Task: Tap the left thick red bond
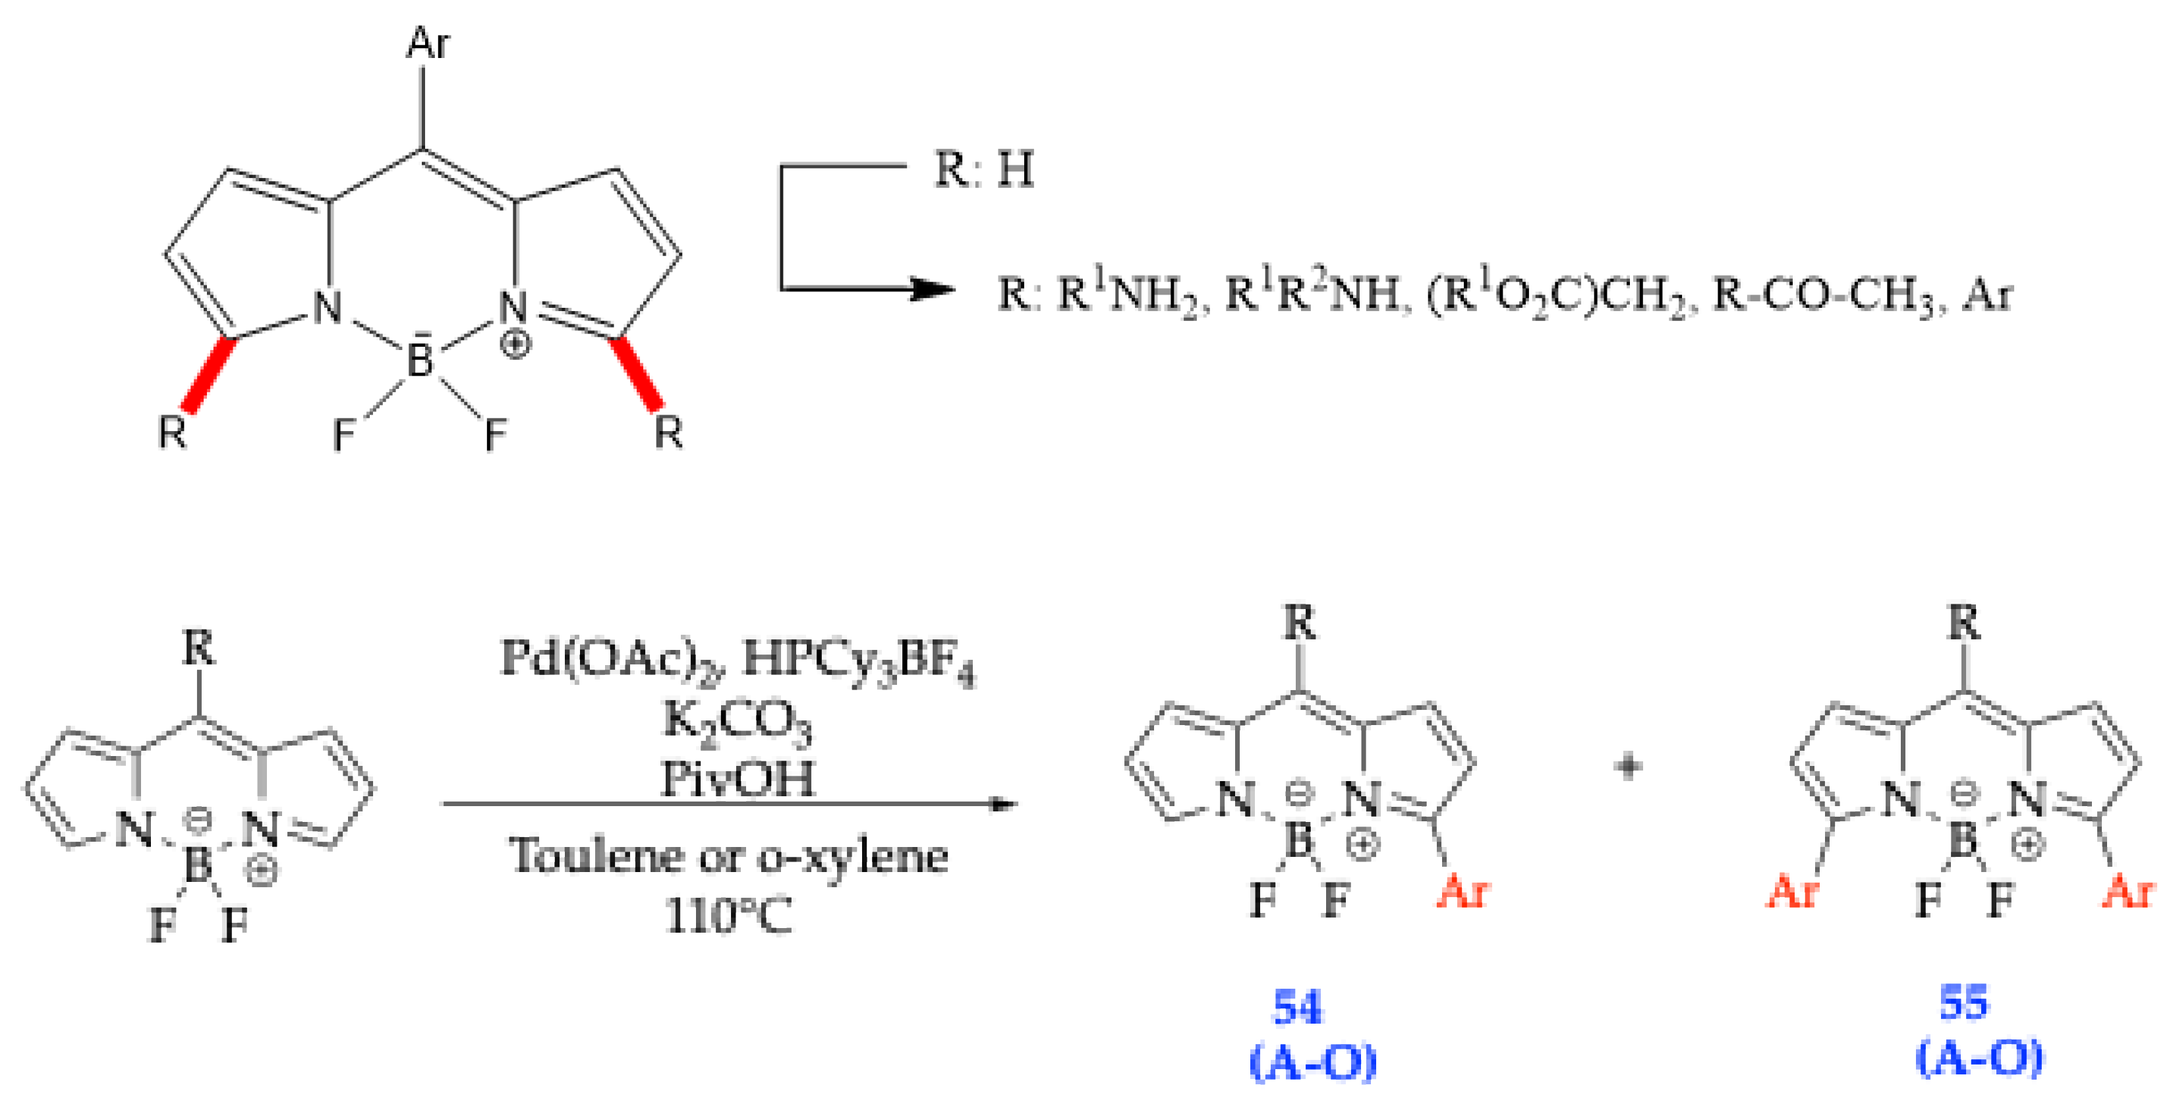[x=208, y=374]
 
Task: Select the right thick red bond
[x=639, y=374]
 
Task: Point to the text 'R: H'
[x=983, y=169]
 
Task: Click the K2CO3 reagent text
[x=736, y=722]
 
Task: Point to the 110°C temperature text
[x=728, y=914]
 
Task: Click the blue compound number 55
[x=1964, y=1002]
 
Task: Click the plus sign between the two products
[x=1628, y=767]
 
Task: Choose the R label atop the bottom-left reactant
[x=199, y=649]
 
